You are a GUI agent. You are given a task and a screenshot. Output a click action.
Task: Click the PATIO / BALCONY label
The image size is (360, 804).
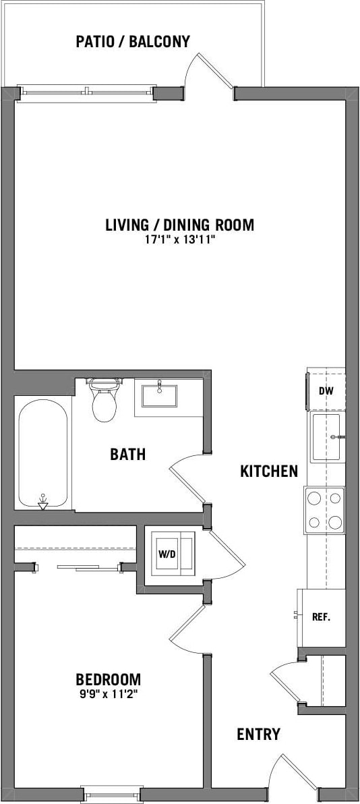tap(133, 42)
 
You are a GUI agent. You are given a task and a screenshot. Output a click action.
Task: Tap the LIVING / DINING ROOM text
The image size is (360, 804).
tap(179, 225)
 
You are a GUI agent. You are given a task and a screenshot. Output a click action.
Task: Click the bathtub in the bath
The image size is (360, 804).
tap(42, 453)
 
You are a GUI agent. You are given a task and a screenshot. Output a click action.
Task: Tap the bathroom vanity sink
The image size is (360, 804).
tap(159, 394)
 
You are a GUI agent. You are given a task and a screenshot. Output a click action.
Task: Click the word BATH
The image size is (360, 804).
tap(128, 455)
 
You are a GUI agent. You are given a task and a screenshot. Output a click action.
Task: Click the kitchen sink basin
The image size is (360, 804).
tap(326, 437)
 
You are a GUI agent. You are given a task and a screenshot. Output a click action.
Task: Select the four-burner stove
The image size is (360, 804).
tap(325, 509)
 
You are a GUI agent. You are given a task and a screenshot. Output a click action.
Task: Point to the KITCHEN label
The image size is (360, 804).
tap(269, 471)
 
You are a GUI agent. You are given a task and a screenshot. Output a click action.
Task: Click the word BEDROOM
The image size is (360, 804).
tap(108, 679)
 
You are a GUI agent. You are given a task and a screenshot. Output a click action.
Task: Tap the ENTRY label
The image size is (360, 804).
tap(258, 735)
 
